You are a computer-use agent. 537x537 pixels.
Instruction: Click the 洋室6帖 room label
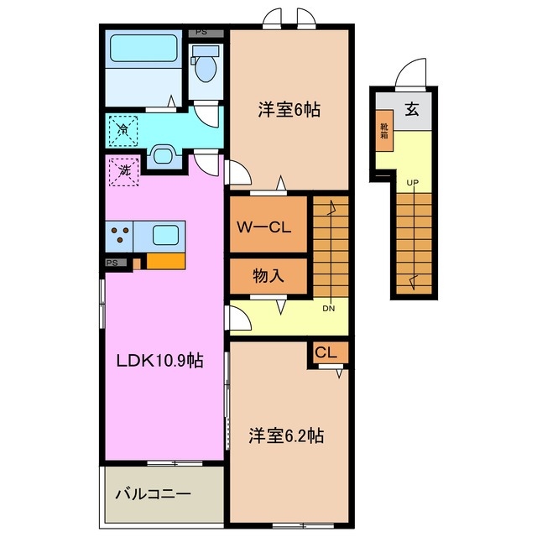tap(289, 110)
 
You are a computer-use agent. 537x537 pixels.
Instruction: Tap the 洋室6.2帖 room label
tap(286, 436)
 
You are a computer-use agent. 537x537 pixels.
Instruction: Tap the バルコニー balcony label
tap(153, 494)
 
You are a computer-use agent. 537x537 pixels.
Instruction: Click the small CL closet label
tap(326, 353)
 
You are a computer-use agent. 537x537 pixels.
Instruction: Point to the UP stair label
tap(412, 182)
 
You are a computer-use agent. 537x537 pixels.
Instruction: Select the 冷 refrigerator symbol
tap(123, 129)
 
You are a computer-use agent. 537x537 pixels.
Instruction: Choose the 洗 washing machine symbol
tap(123, 171)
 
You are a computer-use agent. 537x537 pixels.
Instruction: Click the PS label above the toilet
tap(201, 33)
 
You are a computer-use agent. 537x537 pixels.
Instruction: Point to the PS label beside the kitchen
tap(112, 263)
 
